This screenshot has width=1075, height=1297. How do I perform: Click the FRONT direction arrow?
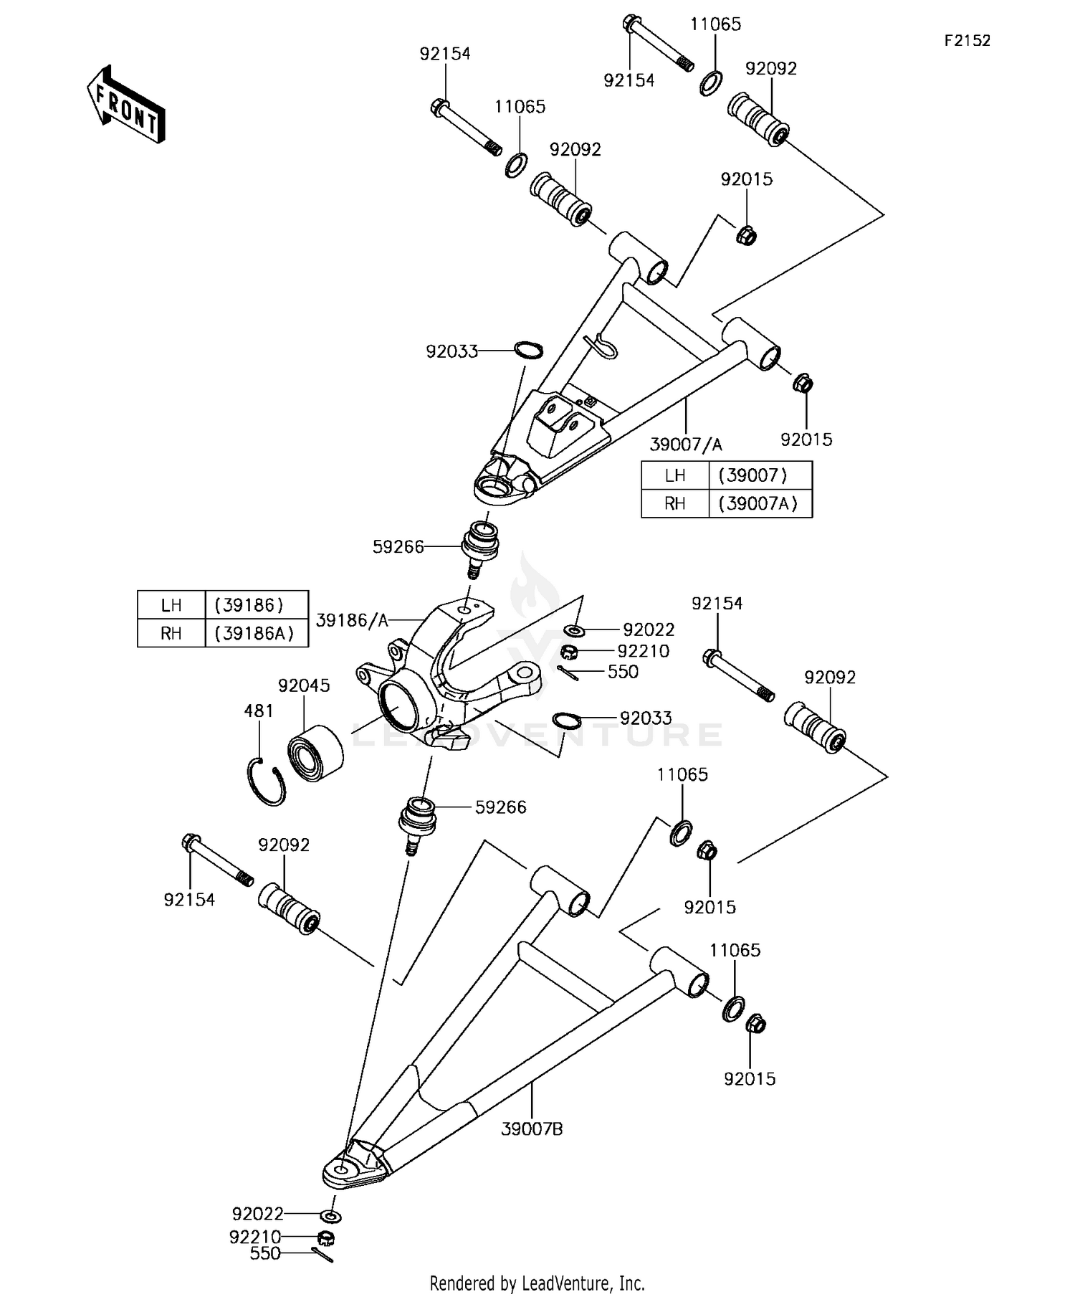tap(126, 105)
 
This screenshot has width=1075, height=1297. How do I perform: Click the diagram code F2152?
tap(967, 41)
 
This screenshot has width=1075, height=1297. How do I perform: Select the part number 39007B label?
tap(532, 1129)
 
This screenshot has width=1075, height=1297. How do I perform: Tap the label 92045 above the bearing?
tap(304, 685)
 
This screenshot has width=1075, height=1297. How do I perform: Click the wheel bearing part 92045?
tap(315, 752)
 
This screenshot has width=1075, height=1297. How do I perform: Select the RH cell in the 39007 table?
tap(674, 503)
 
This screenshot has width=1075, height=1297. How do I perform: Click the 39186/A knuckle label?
tap(351, 620)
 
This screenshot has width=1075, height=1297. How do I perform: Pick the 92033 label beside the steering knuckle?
tap(646, 718)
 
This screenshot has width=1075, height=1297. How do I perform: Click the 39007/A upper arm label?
tap(686, 445)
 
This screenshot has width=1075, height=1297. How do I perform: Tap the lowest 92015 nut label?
tap(750, 1078)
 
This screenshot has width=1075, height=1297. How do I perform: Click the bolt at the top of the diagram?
tap(657, 44)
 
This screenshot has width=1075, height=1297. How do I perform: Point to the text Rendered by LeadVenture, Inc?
tap(537, 1282)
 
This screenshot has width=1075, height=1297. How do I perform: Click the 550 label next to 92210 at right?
tap(623, 672)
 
